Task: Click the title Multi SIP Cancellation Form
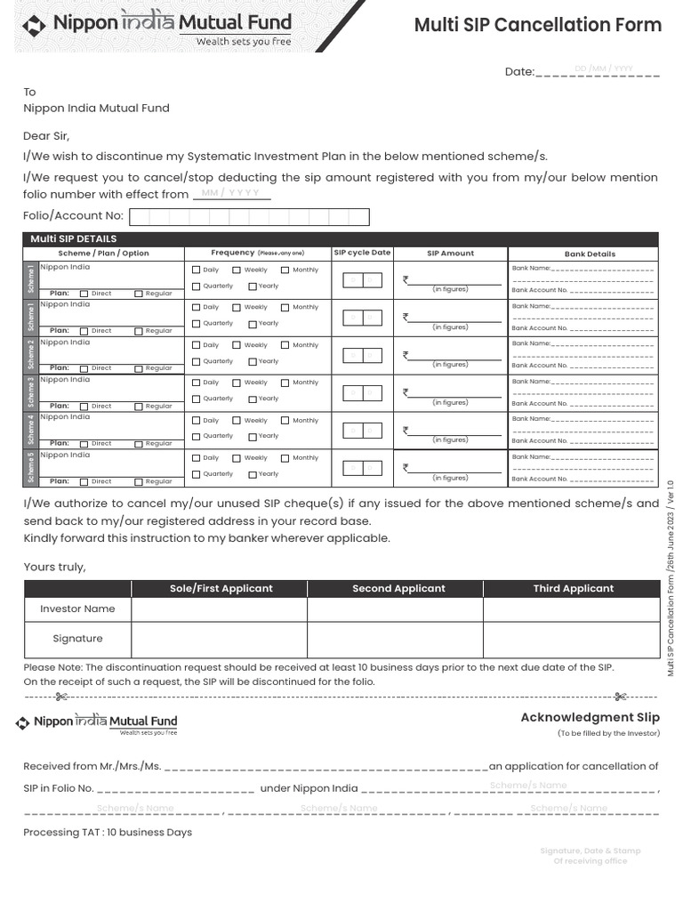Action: [x=537, y=25]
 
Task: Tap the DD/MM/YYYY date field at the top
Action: [x=603, y=69]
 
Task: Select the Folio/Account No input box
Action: [x=249, y=217]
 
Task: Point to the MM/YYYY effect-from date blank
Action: [x=231, y=194]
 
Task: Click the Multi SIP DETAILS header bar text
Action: [x=74, y=239]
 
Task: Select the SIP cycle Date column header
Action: [x=362, y=253]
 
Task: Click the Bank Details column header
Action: [x=590, y=254]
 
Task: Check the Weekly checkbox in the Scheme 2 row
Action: [x=237, y=346]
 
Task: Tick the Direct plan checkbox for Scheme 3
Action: [x=84, y=407]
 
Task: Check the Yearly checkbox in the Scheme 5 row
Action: [x=253, y=475]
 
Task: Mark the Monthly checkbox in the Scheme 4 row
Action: [x=285, y=421]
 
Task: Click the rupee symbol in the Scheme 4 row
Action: [x=406, y=430]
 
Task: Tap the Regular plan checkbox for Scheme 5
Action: [x=139, y=482]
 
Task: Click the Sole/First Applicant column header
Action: [x=221, y=589]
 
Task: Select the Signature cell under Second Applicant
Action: [x=395, y=640]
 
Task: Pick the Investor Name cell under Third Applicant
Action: [x=571, y=609]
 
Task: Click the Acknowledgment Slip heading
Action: [x=590, y=717]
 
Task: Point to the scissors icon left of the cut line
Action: [x=60, y=697]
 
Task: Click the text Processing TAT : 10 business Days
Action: [x=108, y=833]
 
